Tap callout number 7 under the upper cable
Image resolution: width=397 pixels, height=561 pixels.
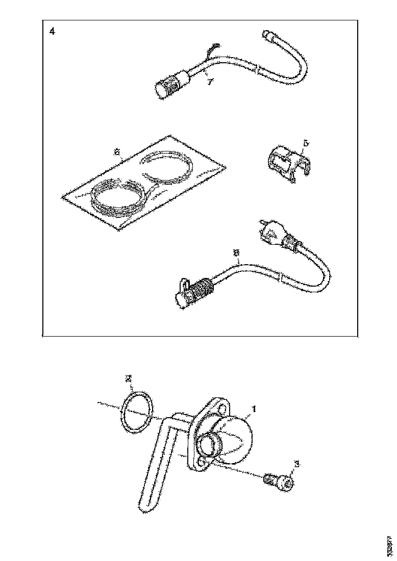click(208, 81)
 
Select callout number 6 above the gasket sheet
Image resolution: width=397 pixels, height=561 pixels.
click(116, 152)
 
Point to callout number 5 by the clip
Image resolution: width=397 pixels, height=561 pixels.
click(305, 144)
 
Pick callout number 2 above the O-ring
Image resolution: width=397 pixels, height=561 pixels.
click(129, 379)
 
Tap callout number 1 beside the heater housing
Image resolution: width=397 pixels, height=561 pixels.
click(254, 409)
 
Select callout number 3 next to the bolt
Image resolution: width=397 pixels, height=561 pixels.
click(297, 465)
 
